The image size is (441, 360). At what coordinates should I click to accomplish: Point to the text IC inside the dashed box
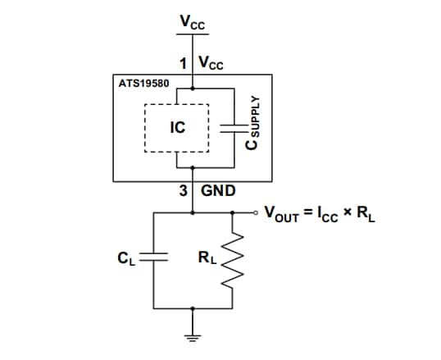[177, 128]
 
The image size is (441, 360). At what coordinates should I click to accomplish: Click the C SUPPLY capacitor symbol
[234, 127]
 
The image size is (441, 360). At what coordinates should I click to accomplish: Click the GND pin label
[218, 190]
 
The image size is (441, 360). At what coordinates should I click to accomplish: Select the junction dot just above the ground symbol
[193, 309]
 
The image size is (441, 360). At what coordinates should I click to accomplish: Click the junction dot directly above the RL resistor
[234, 212]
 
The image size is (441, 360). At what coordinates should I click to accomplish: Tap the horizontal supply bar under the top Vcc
[193, 34]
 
